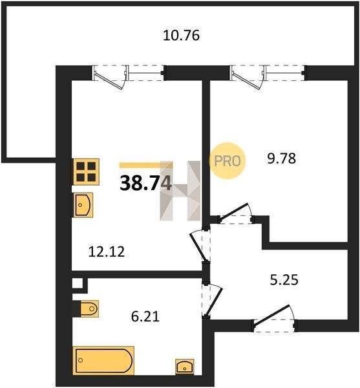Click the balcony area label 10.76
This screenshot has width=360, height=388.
click(x=181, y=36)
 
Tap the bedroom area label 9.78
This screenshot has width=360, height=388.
click(x=281, y=158)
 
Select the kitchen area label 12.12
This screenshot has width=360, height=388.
click(x=106, y=252)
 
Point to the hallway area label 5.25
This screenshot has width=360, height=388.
click(x=284, y=280)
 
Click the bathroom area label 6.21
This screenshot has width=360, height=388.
click(x=145, y=316)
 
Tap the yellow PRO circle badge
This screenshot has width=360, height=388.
click(x=228, y=161)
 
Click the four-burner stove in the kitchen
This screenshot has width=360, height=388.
click(x=86, y=172)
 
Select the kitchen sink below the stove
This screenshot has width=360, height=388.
click(x=83, y=205)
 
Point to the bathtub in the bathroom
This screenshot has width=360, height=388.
click(x=103, y=360)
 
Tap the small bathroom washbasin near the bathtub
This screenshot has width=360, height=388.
click(x=184, y=367)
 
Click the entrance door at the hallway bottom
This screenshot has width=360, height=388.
click(x=275, y=319)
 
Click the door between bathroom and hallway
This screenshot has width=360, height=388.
click(x=212, y=300)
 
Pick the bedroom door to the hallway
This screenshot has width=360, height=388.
click(x=236, y=213)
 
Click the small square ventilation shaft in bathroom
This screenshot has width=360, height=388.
click(x=78, y=283)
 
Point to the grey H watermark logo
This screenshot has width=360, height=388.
click(x=180, y=191)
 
